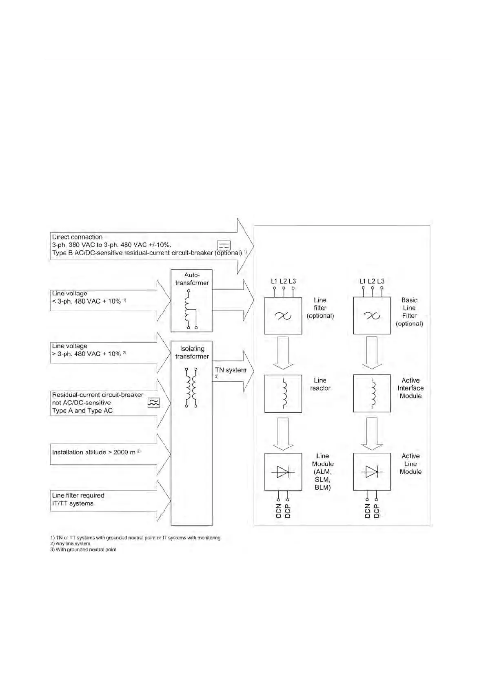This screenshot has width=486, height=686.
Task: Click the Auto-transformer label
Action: pos(192,279)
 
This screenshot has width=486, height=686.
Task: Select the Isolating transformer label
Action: pos(192,352)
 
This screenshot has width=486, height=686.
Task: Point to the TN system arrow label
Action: pos(231,370)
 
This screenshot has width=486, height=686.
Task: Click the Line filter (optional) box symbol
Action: pos(283,316)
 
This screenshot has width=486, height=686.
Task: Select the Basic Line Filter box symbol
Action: pos(372,316)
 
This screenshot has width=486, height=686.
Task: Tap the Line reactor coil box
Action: pos(283,394)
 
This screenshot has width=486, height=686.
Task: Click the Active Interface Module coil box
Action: pos(372,394)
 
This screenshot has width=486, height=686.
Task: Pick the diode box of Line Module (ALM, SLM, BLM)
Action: pos(283,472)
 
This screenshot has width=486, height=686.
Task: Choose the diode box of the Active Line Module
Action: pos(372,472)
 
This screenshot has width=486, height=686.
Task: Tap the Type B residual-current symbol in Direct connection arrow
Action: pos(224,245)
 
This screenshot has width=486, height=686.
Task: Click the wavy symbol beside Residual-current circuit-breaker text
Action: pos(153,403)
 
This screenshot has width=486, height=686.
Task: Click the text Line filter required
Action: pos(78,496)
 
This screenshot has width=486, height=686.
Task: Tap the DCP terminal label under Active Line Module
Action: pos(376,511)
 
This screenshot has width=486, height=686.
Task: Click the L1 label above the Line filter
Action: pos(274,281)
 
